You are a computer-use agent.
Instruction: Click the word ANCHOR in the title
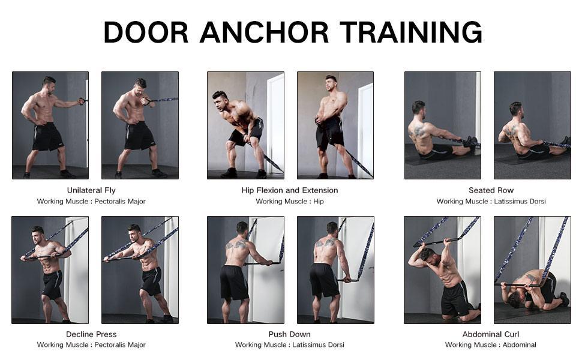point(264,32)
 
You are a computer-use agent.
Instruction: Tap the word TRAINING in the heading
point(411,32)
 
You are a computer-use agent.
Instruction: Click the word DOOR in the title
point(146,32)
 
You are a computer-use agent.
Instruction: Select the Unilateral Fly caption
point(91,190)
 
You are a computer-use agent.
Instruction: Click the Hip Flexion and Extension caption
point(290,190)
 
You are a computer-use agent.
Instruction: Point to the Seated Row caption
point(491,190)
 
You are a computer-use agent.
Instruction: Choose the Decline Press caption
point(91,334)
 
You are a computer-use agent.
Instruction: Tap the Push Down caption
point(290,334)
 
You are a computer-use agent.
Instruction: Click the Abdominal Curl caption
point(491,334)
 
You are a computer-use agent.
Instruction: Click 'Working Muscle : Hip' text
point(290,202)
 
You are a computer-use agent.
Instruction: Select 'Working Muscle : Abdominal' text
point(491,345)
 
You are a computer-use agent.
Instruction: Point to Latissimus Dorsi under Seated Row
point(520,202)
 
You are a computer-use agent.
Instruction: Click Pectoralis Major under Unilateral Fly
point(120,202)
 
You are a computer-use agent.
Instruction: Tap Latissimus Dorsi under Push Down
point(319,345)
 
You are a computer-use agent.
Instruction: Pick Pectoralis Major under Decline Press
point(120,345)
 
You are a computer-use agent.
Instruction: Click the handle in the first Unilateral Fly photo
point(83,101)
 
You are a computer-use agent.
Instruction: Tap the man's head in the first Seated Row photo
point(418,107)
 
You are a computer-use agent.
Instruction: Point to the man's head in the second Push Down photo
point(332,228)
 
